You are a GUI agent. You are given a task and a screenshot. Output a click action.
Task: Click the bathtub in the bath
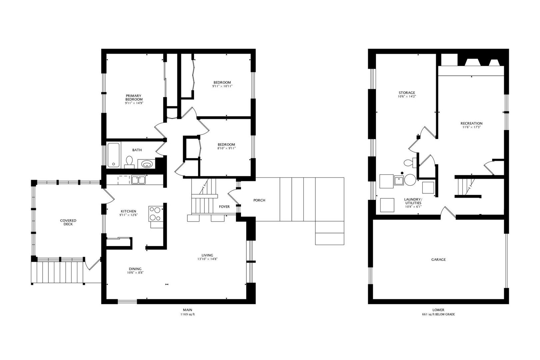click(x=113, y=155)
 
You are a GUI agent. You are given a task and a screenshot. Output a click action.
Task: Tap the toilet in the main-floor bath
click(x=129, y=162)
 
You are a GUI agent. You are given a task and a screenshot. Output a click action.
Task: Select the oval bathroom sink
click(x=147, y=165)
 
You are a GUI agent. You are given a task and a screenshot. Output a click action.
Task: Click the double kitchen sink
click(x=138, y=180)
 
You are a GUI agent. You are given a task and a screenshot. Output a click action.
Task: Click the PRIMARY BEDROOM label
click(x=134, y=97)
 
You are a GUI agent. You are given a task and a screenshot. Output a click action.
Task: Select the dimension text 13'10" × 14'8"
click(x=207, y=259)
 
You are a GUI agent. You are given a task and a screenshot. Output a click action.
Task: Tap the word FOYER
click(x=224, y=207)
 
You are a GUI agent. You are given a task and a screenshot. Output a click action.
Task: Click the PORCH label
click(x=259, y=200)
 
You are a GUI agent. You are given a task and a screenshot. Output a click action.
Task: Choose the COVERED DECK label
click(x=68, y=222)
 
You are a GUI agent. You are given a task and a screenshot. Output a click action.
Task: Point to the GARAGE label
click(x=439, y=259)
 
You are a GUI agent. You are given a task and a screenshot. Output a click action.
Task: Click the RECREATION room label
click(x=472, y=123)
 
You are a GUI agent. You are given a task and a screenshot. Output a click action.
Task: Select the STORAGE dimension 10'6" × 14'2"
click(x=407, y=96)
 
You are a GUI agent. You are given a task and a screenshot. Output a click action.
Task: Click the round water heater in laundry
click(x=410, y=180)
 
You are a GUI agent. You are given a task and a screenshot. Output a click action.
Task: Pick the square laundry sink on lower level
click(x=399, y=180)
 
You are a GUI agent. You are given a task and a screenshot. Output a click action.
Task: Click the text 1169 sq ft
click(x=188, y=314)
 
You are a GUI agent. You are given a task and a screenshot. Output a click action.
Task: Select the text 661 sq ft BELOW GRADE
click(x=438, y=314)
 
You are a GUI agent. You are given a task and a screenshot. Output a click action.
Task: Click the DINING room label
click(x=135, y=269)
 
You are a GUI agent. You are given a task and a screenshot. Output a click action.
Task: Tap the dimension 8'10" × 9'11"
click(x=226, y=148)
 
